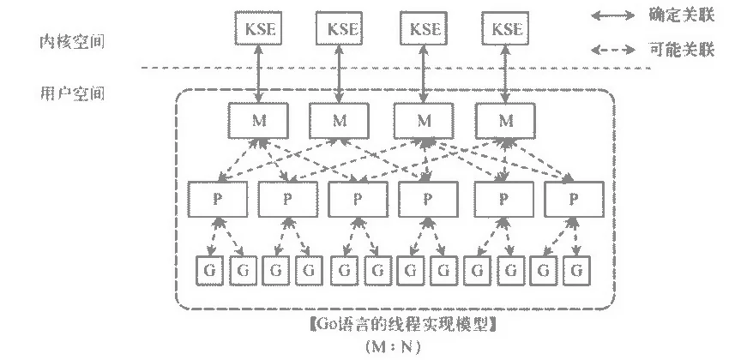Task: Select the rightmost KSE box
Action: pos(507,29)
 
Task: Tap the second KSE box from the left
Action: pos(340,29)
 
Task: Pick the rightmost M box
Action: pos(507,120)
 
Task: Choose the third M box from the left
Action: pos(423,120)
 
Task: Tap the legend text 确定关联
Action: pos(683,15)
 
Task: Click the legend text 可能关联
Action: pos(683,50)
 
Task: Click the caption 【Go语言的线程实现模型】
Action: pos(403,326)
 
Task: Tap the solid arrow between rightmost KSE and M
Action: pos(507,75)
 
